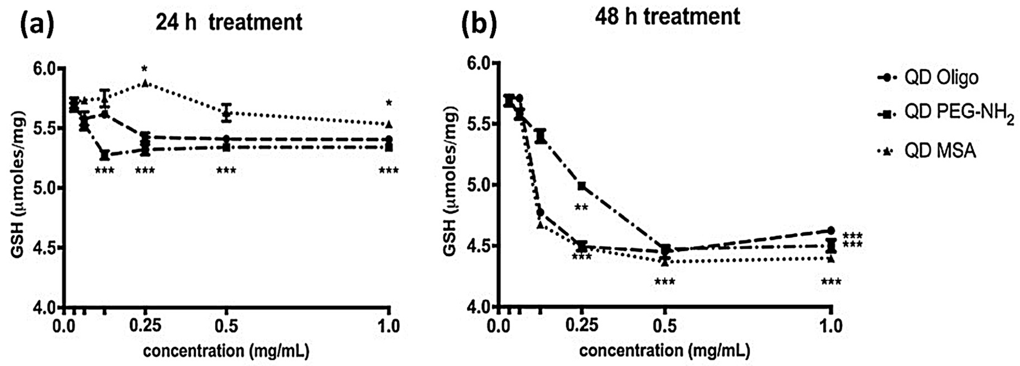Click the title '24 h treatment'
229,22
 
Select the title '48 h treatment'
667,17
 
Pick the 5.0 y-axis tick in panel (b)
479,185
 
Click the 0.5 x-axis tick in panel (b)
665,326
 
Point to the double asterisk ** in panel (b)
581,208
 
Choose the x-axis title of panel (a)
226,351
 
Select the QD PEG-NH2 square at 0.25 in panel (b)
582,186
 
